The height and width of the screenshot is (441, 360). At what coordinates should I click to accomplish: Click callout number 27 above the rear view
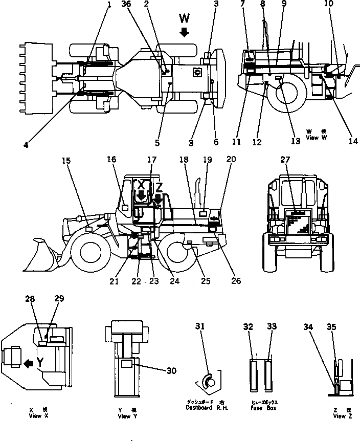(x=284, y=160)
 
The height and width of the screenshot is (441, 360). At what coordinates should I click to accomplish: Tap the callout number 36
(x=125, y=5)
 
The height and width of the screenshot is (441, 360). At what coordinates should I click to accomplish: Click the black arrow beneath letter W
(x=185, y=33)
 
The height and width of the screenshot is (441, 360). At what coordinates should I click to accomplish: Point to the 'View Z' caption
(x=340, y=416)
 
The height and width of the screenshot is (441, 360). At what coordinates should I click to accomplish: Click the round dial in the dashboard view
(x=210, y=380)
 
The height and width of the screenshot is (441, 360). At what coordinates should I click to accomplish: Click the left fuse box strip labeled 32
(x=254, y=376)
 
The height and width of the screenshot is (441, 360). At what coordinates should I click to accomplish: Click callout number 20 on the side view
(x=231, y=160)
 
